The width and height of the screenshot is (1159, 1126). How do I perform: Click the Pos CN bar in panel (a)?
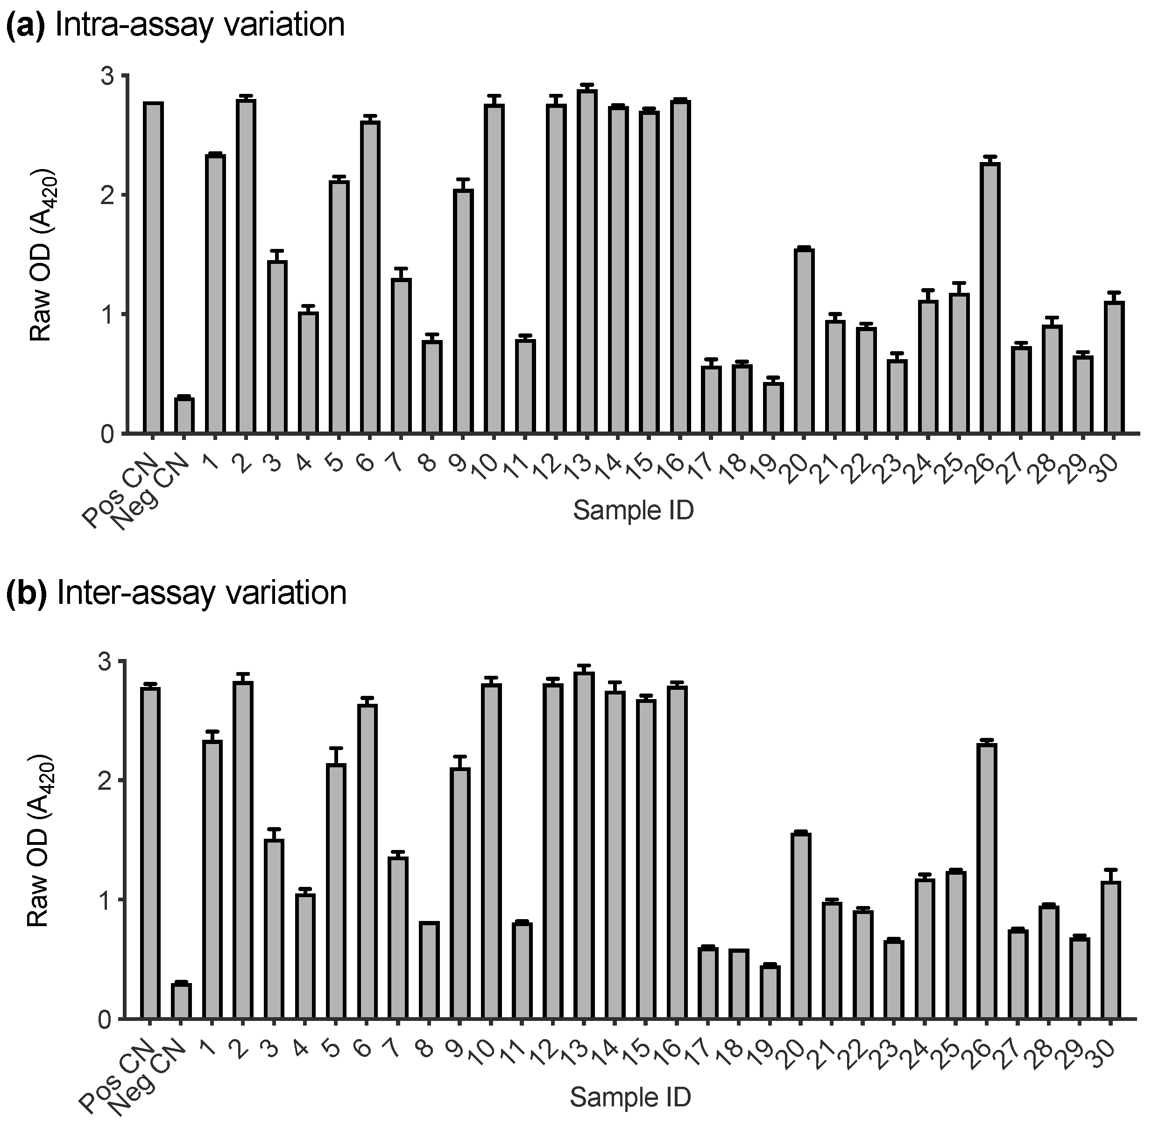click(153, 269)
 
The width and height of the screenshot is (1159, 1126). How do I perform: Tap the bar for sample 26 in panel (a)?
click(990, 298)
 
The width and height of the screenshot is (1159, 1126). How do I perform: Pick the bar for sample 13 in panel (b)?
click(584, 846)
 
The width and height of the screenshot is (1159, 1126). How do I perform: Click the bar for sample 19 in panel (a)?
click(773, 408)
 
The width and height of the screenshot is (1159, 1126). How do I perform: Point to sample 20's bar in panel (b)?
click(801, 926)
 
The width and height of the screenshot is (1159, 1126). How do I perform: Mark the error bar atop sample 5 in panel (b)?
click(337, 749)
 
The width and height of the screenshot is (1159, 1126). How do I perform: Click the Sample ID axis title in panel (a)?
click(633, 510)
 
